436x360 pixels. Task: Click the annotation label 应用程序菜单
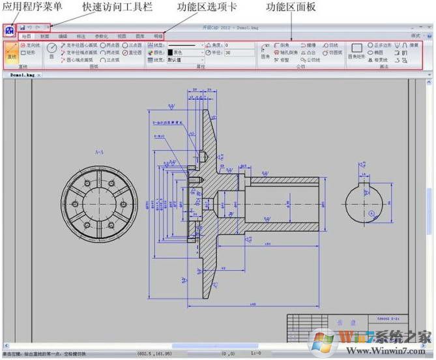click(x=33, y=7)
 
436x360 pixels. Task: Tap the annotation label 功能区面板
click(x=291, y=7)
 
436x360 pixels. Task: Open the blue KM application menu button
click(x=9, y=31)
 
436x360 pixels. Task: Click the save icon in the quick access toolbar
click(x=23, y=28)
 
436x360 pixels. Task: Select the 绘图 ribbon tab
click(x=26, y=37)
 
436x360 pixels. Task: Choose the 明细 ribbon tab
click(x=158, y=37)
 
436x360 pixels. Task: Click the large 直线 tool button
click(x=11, y=52)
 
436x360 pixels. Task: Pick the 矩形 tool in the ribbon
click(x=30, y=53)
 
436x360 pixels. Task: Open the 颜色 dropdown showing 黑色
click(x=179, y=53)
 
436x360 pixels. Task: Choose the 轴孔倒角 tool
click(x=285, y=53)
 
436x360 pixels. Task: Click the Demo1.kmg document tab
click(x=23, y=75)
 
